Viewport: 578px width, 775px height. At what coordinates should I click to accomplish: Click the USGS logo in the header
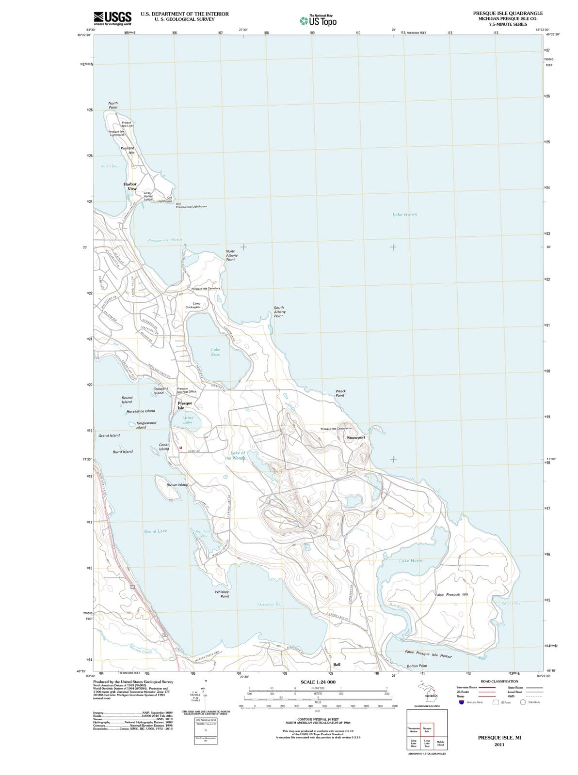point(112,18)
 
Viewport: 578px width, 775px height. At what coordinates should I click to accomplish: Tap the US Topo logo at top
point(319,21)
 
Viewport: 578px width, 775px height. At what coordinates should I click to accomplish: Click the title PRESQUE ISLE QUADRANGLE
point(508,13)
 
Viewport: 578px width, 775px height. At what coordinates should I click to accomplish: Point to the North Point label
point(113,105)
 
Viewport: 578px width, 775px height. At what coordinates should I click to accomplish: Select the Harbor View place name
point(130,186)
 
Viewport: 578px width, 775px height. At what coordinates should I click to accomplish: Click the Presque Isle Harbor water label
point(165,240)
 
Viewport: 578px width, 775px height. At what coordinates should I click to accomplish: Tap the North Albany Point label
point(231,255)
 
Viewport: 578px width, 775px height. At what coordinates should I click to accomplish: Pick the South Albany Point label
point(279,311)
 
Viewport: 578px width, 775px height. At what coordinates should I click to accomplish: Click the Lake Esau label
point(216,352)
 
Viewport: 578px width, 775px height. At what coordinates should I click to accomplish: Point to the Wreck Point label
point(340,393)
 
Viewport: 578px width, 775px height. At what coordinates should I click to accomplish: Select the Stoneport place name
point(356,437)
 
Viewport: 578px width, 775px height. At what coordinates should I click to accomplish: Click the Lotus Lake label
point(188,419)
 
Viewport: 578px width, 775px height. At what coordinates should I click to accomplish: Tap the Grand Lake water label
point(156,531)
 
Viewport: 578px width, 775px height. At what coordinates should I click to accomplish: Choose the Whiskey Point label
point(222,594)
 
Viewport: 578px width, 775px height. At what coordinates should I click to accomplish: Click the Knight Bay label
point(511,604)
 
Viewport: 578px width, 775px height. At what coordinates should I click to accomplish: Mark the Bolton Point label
point(417,666)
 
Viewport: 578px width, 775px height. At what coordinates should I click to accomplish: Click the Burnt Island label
point(123,452)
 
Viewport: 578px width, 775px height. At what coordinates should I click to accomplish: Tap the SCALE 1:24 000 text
point(318,682)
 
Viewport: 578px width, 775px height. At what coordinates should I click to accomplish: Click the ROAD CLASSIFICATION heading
point(499,682)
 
